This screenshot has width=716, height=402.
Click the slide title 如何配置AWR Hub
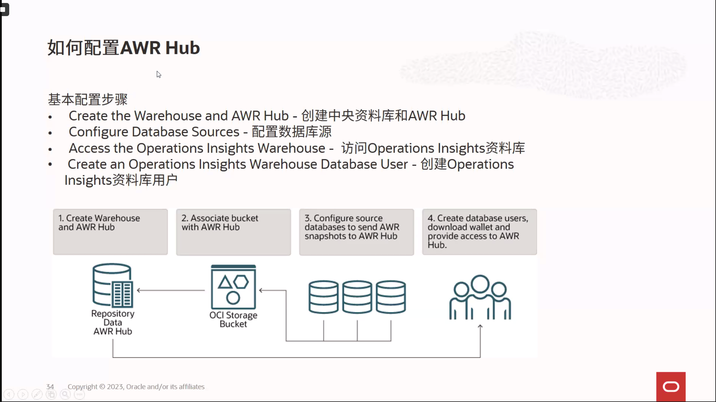tap(124, 48)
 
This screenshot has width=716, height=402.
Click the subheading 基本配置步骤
tap(88, 99)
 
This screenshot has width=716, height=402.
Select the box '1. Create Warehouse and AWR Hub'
tap(110, 232)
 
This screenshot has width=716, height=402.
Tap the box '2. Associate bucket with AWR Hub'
tap(233, 232)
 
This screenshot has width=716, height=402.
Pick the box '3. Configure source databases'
tap(357, 232)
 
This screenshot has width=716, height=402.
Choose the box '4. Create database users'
tap(480, 232)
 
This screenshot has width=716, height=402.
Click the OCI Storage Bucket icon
tap(233, 287)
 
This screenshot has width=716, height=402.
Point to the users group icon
tap(480, 297)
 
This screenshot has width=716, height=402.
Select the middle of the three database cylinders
tap(357, 297)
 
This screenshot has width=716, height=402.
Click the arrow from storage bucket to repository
tap(171, 290)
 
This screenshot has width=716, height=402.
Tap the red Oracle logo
tap(671, 387)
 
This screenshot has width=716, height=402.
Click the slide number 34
tap(50, 387)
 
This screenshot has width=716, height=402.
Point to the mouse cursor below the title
tap(159, 74)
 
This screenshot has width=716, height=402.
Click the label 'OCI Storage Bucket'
tap(233, 320)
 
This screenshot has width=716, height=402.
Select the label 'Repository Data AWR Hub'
tap(113, 322)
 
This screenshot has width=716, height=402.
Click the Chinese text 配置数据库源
tap(292, 132)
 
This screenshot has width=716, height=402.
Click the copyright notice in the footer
tap(136, 387)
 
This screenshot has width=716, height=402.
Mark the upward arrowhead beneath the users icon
tap(480, 326)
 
